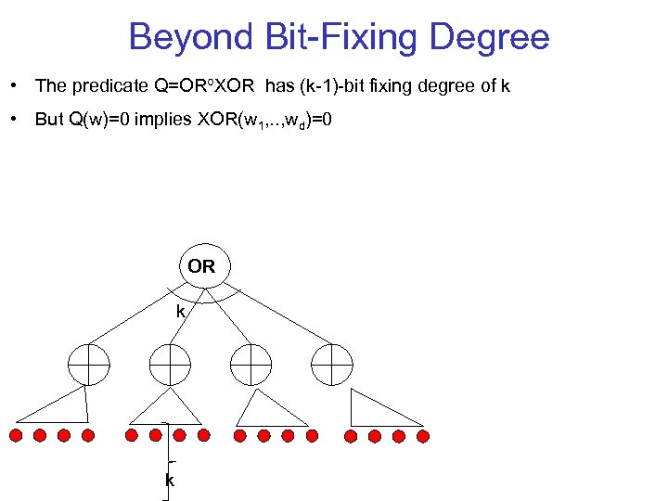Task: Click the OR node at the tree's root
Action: pos(201,267)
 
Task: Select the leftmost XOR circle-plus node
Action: pos(89,364)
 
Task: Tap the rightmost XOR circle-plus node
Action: pos(331,364)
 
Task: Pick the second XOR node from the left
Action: pos(170,364)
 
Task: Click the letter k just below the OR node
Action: pos(182,312)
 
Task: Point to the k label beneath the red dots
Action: pos(169,480)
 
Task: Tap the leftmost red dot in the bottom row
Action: pos(16,435)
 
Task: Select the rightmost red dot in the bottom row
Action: pos(422,435)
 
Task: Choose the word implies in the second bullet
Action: pos(163,121)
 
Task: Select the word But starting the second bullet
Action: pos(49,121)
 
